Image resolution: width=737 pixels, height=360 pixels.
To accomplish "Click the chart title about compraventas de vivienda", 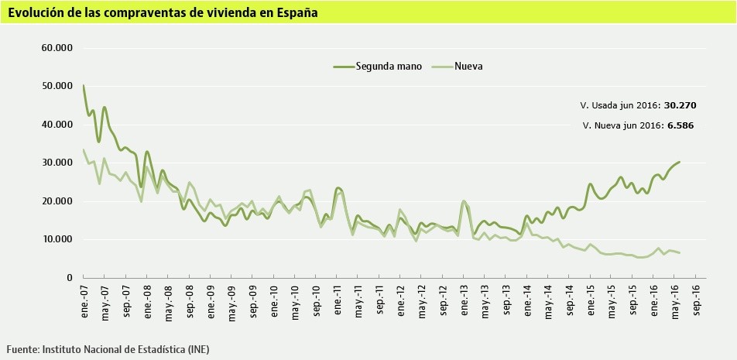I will point(163,13).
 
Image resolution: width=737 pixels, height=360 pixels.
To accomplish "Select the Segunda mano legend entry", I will point(388,67).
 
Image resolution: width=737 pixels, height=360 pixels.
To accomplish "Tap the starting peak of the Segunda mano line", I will point(84,85).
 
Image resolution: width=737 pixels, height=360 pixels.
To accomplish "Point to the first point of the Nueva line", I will point(84,149).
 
